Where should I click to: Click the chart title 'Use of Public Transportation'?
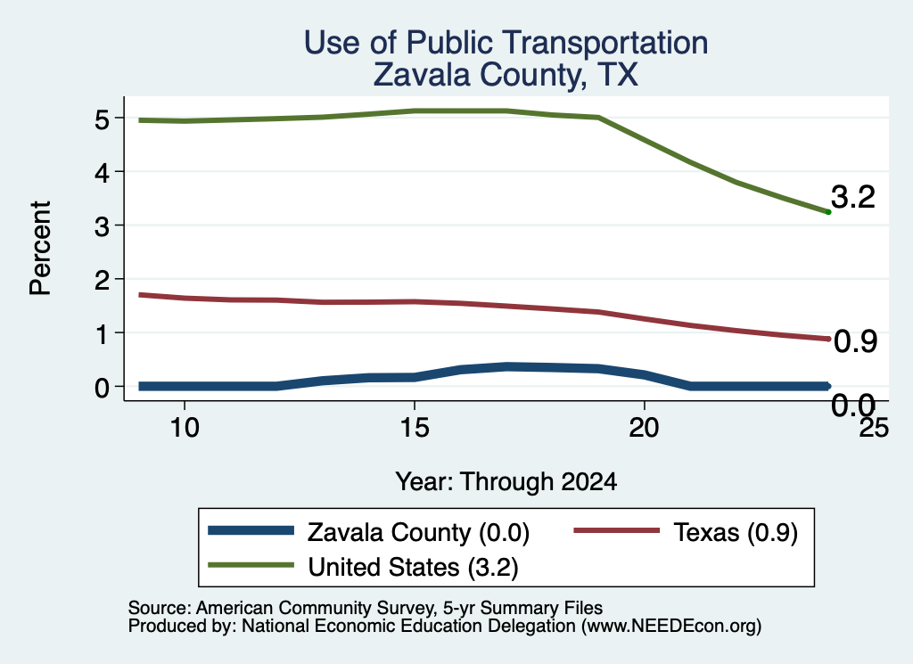tap(506, 43)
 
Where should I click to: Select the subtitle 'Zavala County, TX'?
tap(506, 75)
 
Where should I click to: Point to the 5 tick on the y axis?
tap(102, 119)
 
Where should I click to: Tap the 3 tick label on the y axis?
tap(102, 226)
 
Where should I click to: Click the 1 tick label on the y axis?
tap(102, 334)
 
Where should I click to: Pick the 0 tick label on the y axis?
tap(102, 388)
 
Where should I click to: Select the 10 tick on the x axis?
tap(185, 428)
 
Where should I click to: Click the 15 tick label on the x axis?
tap(415, 428)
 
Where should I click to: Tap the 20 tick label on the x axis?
tap(644, 428)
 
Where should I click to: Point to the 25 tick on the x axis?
tap(874, 428)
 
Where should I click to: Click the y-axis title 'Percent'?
tap(41, 249)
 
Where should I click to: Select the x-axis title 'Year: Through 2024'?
tap(506, 482)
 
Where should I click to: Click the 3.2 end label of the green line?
tap(853, 197)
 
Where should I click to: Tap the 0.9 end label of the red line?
tap(855, 341)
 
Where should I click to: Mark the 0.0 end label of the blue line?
tap(853, 405)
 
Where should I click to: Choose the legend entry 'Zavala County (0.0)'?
tap(368, 532)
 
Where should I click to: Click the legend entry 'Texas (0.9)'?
tap(686, 532)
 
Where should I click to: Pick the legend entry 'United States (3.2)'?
tap(363, 567)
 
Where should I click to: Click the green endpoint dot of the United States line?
tap(828, 212)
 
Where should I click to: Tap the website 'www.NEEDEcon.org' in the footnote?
tap(671, 627)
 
